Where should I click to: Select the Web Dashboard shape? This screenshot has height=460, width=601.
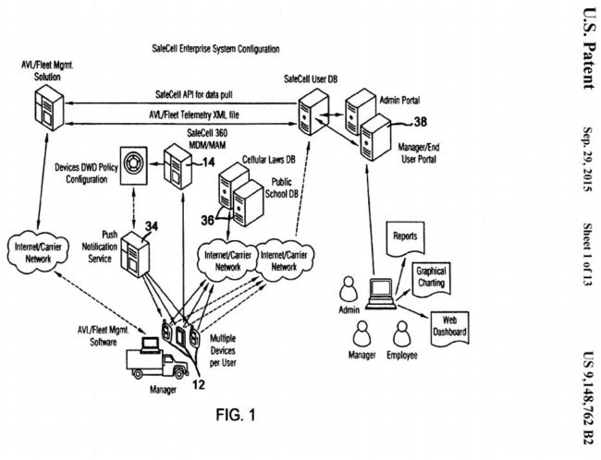[x=452, y=324]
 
